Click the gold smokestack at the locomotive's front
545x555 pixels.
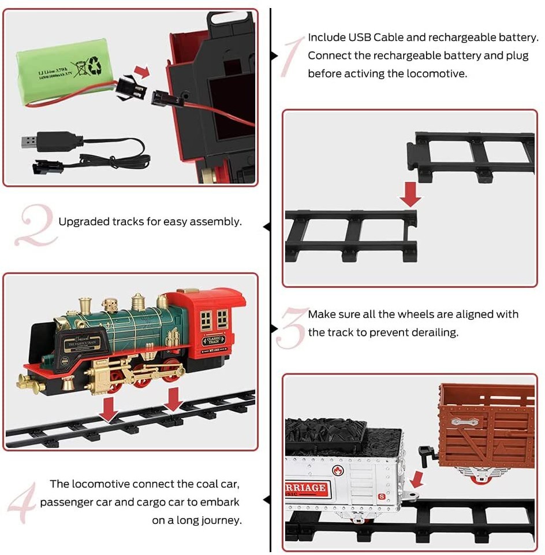[x=85, y=306]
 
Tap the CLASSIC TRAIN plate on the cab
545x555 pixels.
[x=214, y=339]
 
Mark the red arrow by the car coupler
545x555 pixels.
[x=417, y=478]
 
